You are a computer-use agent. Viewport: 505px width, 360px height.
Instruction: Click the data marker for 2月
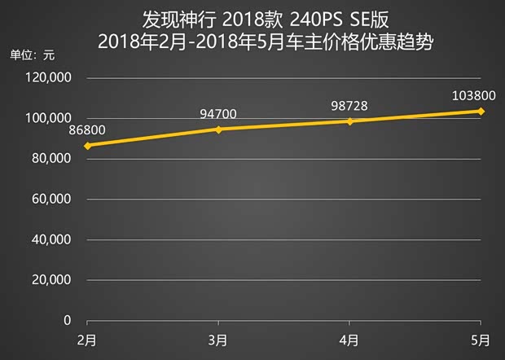pyautogui.click(x=87, y=146)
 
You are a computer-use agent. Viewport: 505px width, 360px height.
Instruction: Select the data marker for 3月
pyautogui.click(x=218, y=130)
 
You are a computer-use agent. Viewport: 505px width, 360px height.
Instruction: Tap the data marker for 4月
pyautogui.click(x=349, y=121)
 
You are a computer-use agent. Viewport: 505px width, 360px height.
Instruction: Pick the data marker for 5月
pyautogui.click(x=481, y=111)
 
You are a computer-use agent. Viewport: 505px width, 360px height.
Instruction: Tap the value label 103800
pyautogui.click(x=472, y=94)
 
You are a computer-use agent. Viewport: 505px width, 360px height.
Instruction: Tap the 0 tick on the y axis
pyautogui.click(x=68, y=321)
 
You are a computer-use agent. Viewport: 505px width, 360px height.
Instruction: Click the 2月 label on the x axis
pyautogui.click(x=87, y=339)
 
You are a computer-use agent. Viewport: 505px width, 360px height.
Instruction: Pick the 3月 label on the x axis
pyautogui.click(x=218, y=339)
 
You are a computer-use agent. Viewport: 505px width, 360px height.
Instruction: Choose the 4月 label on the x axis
pyautogui.click(x=349, y=339)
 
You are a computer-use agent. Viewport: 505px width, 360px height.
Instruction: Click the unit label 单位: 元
pyautogui.click(x=32, y=55)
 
